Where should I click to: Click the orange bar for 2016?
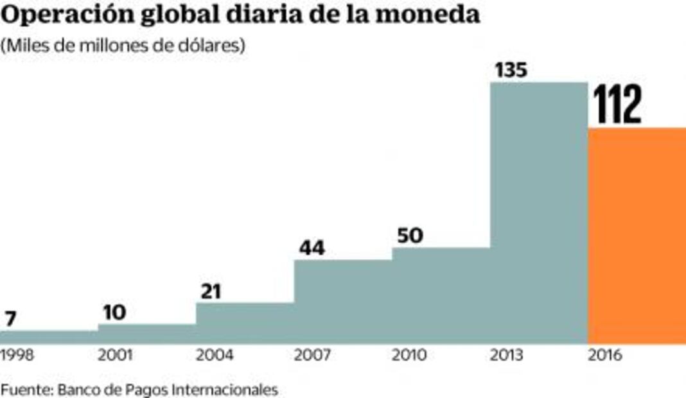point(637,235)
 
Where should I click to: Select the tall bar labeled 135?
point(538,212)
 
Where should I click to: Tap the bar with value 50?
point(441,295)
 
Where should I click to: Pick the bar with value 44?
point(342,301)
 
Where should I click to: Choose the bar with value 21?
point(245,323)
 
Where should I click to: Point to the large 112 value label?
point(617,105)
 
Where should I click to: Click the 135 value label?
point(510,71)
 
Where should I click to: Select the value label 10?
point(114,313)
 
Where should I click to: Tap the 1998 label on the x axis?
point(17,355)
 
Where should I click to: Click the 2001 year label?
point(116,355)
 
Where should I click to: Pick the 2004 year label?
point(214,355)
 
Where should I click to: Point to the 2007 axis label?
point(312,355)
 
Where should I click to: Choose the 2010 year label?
point(410,355)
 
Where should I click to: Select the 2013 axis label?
point(508,355)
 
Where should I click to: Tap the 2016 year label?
point(606,355)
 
